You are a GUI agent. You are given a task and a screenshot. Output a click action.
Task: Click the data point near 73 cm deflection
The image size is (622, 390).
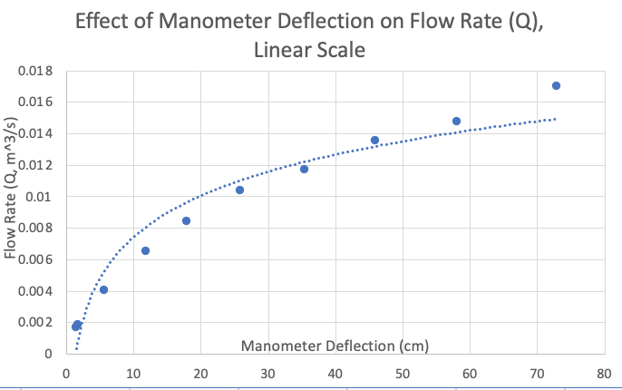(x=556, y=86)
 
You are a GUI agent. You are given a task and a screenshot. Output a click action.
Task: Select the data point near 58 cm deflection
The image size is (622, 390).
(x=456, y=121)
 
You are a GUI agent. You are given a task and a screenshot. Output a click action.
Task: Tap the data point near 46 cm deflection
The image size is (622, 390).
(x=374, y=140)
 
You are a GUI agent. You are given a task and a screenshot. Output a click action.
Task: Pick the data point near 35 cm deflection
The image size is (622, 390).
(x=304, y=169)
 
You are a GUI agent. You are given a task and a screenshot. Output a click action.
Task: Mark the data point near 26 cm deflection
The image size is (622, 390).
(x=239, y=190)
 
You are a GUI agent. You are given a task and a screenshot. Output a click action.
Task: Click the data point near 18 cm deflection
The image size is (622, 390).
(x=186, y=220)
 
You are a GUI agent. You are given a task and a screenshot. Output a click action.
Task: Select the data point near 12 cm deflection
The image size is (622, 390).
(x=145, y=250)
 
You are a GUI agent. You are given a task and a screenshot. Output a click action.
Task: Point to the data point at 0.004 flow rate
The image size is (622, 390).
(x=103, y=289)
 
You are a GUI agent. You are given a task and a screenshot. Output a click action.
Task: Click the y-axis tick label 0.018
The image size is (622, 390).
(x=35, y=71)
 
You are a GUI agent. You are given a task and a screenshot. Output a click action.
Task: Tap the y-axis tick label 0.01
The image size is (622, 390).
(x=40, y=197)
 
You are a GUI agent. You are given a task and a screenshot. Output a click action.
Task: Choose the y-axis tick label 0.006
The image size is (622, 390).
(x=35, y=259)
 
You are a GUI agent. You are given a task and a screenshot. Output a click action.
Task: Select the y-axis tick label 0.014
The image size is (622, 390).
(x=35, y=133)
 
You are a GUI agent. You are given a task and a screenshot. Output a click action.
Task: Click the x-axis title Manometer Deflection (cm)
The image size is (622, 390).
(x=335, y=346)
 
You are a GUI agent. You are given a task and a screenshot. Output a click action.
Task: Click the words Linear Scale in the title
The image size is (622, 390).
(x=310, y=51)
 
